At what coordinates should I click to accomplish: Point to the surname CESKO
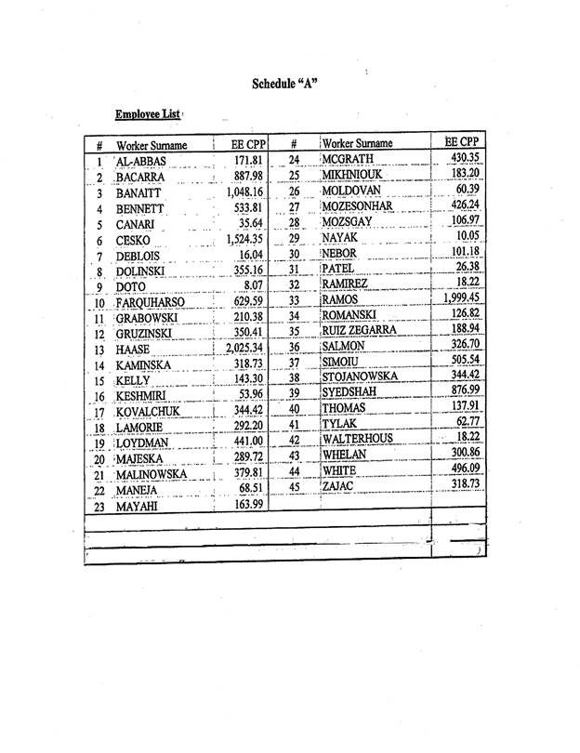pyautogui.click(x=135, y=240)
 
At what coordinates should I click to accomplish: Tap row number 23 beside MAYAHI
pyautogui.click(x=99, y=507)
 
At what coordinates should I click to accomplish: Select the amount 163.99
pyautogui.click(x=245, y=505)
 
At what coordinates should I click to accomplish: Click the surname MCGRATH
pyautogui.click(x=355, y=159)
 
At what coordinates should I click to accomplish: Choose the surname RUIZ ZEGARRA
pyautogui.click(x=365, y=329)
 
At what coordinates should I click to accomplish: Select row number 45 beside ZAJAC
pyautogui.click(x=294, y=485)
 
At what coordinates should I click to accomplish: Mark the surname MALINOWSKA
pyautogui.click(x=152, y=474)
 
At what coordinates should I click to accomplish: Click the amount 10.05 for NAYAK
pyautogui.click(x=464, y=236)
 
